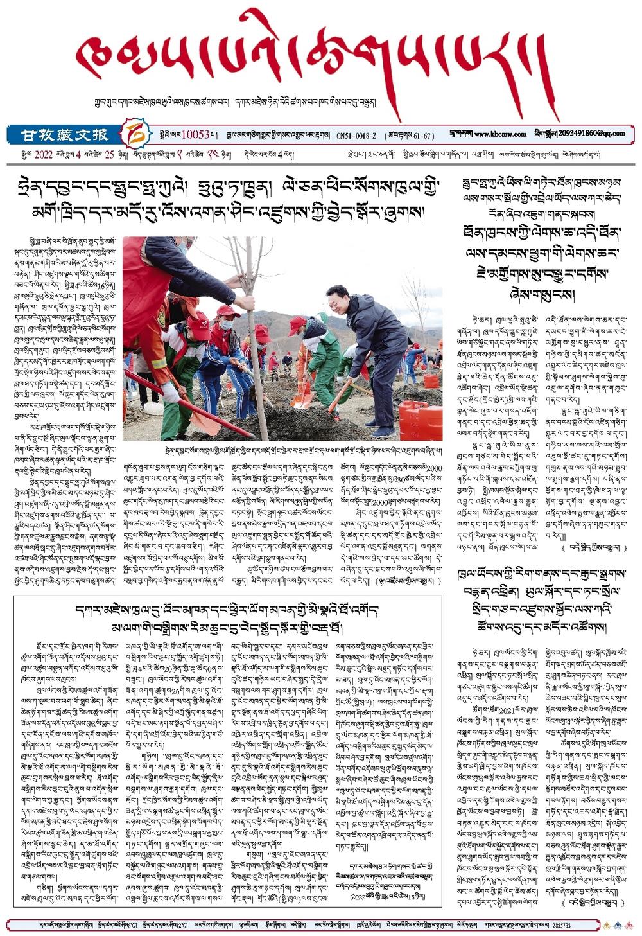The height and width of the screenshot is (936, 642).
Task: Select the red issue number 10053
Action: click(x=196, y=135)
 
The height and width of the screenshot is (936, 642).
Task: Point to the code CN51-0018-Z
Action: click(x=358, y=136)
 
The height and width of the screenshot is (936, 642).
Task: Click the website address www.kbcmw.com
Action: click(x=501, y=134)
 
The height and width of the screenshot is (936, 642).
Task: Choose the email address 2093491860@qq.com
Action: click(x=591, y=134)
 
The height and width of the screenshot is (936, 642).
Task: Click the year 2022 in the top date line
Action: click(x=43, y=155)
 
